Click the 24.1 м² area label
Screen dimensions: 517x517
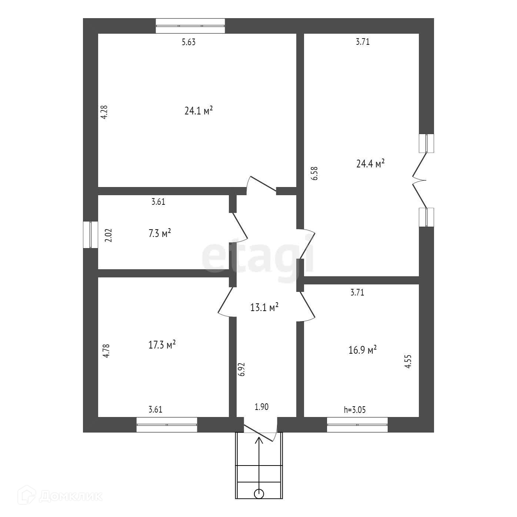click(199, 110)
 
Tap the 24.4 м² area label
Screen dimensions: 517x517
click(370, 163)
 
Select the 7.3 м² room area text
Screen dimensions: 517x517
click(160, 233)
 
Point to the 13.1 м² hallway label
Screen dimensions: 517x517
click(264, 307)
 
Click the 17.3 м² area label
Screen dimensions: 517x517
click(162, 344)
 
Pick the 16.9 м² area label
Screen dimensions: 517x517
click(363, 350)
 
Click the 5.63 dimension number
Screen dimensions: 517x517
click(189, 42)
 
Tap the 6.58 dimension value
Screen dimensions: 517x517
click(314, 173)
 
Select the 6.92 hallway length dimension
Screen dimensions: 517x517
click(241, 370)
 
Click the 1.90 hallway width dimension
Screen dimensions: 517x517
click(261, 407)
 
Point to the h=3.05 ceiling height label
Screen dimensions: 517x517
click(355, 410)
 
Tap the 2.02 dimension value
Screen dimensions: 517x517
click(108, 235)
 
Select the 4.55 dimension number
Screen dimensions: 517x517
click(408, 361)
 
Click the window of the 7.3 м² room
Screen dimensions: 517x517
click(90, 234)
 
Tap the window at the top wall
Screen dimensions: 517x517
click(190, 26)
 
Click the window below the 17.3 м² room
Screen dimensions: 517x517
click(167, 425)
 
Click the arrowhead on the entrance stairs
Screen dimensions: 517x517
click(259, 441)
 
